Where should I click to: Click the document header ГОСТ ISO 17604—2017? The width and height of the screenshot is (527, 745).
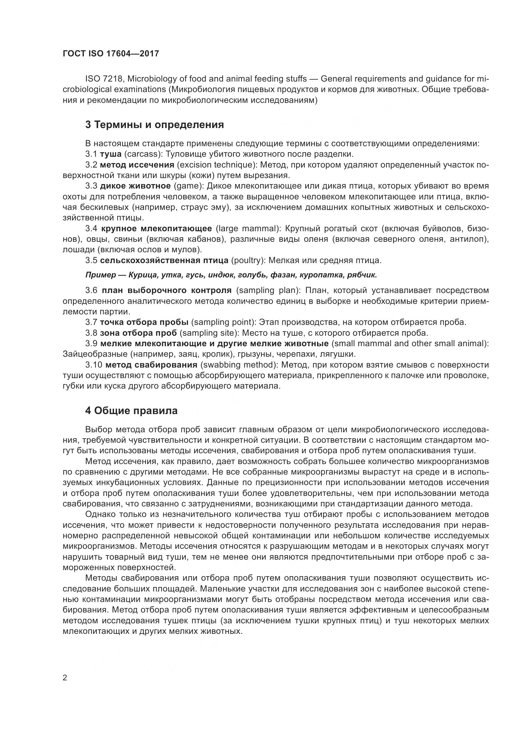[111, 54]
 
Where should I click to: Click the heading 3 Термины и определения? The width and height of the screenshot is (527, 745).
[155, 125]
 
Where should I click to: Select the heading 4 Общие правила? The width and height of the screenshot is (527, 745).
[131, 411]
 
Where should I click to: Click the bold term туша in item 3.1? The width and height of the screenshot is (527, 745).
[111, 154]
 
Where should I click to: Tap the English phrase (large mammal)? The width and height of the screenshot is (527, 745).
[248, 229]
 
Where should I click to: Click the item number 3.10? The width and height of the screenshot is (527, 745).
[94, 365]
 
